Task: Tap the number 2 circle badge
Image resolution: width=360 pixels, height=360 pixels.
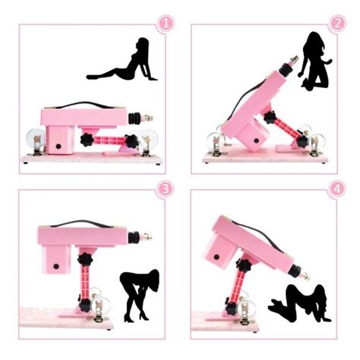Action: pos(337,24)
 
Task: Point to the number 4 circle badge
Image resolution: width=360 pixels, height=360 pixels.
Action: pos(337,190)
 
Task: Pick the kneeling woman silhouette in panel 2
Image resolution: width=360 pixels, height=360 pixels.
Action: pos(317,65)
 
